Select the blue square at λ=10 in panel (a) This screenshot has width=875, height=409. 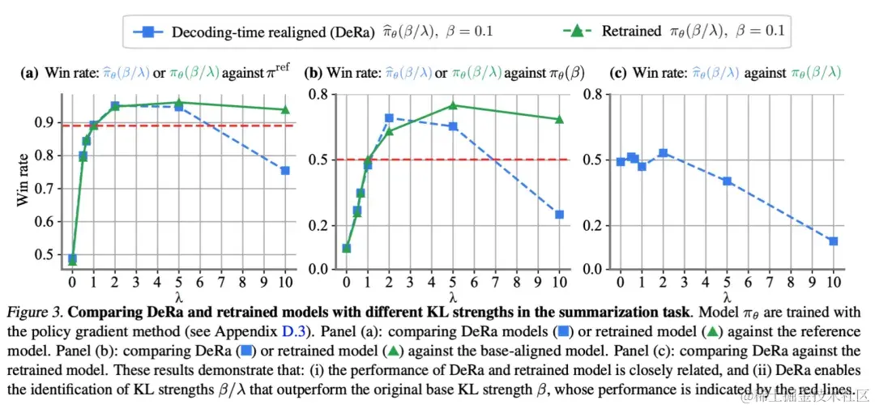pos(285,170)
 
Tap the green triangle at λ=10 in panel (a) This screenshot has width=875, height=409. pos(285,109)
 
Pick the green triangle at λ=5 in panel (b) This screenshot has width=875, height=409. pos(454,105)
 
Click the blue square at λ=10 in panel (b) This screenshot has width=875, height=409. pos(559,215)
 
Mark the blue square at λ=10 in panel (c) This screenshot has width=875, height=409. pos(833,241)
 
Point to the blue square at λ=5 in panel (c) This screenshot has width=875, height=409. pos(728,181)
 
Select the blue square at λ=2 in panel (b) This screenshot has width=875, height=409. pos(389,119)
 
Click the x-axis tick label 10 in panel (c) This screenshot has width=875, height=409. pos(832,282)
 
